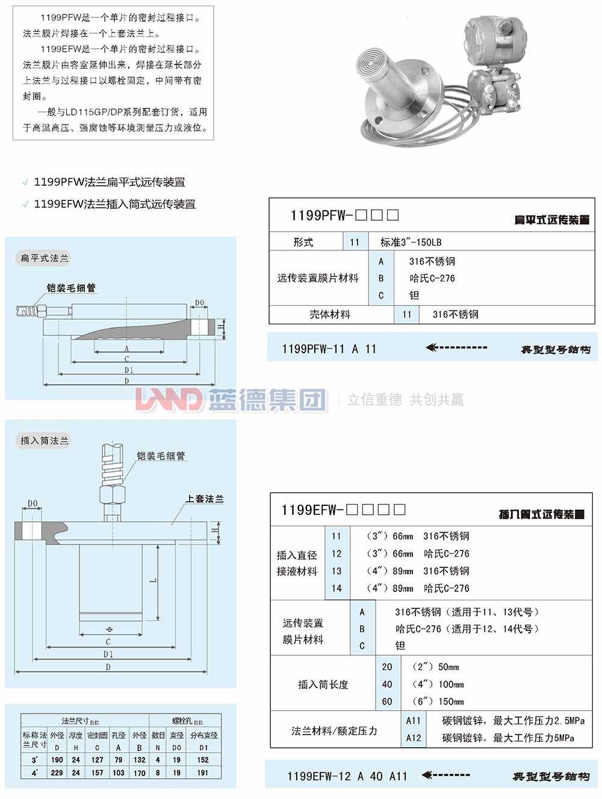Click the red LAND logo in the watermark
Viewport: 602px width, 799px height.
(169, 399)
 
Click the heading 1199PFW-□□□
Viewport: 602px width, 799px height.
(344, 215)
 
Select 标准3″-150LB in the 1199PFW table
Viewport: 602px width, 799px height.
(411, 242)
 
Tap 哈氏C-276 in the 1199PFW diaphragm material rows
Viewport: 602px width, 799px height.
(432, 279)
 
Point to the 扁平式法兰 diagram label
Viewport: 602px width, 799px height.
(45, 258)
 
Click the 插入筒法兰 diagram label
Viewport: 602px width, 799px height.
(45, 440)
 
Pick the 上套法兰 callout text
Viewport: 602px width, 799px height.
(205, 499)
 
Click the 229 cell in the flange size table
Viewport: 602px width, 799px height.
(57, 773)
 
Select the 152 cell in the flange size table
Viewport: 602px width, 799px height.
(203, 760)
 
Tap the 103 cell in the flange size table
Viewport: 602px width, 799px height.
(119, 773)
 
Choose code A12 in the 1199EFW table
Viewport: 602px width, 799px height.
(414, 738)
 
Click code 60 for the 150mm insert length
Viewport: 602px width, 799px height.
(387, 702)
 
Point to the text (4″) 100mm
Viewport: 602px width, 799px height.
(435, 684)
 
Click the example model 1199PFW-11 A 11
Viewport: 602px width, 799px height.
(329, 349)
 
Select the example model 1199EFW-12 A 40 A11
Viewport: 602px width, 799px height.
(347, 776)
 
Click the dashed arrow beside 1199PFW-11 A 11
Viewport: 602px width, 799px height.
(456, 348)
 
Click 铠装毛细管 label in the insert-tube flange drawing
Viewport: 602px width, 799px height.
(161, 456)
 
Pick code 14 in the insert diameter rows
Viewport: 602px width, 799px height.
(337, 588)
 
